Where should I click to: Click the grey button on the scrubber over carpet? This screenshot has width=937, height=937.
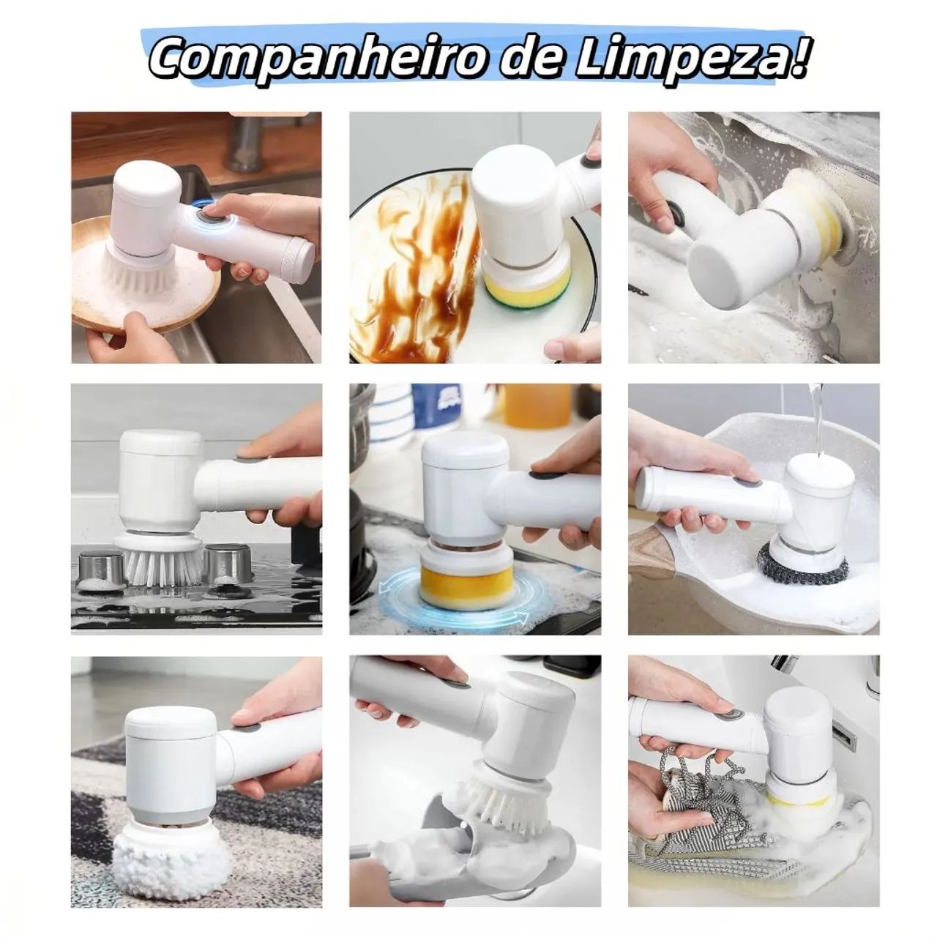tap(249, 728)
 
